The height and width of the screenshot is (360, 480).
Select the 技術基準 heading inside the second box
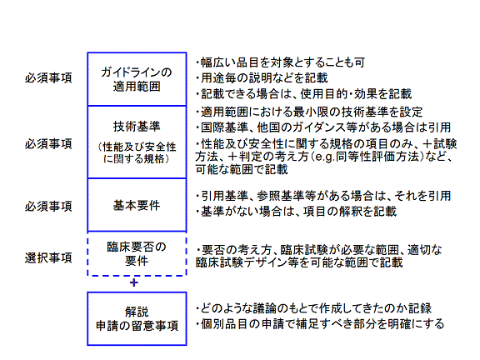pyautogui.click(x=137, y=126)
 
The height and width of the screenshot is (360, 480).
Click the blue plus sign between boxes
pyautogui.click(x=134, y=282)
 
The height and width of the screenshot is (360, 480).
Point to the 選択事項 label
pyautogui.click(x=48, y=257)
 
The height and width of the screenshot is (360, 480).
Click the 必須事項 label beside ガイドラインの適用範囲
pyautogui.click(x=48, y=77)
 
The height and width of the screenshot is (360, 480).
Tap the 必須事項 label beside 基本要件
pyautogui.click(x=48, y=206)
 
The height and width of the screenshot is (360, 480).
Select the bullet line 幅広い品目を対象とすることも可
pyautogui.click(x=280, y=62)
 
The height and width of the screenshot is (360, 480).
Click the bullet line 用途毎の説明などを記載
pyautogui.click(x=262, y=78)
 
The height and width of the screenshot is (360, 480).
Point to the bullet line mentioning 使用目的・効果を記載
pyautogui.click(x=303, y=93)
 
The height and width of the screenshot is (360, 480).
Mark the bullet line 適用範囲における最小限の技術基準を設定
pyautogui.click(x=309, y=112)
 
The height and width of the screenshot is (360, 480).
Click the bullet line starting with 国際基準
pyautogui.click(x=323, y=127)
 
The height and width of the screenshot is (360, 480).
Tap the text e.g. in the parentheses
pyautogui.click(x=325, y=157)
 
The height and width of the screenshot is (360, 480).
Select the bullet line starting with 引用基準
pyautogui.click(x=323, y=196)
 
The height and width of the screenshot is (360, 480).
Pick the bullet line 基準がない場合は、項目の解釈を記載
pyautogui.click(x=296, y=211)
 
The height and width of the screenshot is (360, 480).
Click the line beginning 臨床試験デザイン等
pyautogui.click(x=299, y=262)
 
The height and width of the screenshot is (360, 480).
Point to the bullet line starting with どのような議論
pyautogui.click(x=313, y=308)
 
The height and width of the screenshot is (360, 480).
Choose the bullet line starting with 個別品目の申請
pyautogui.click(x=320, y=324)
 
